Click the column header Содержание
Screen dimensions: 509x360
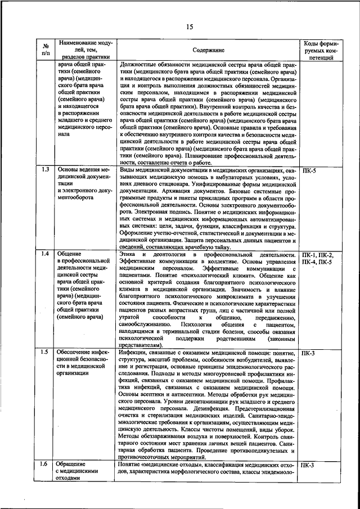click(x=208, y=50)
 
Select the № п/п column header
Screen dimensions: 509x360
click(x=46, y=50)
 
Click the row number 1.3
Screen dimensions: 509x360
click(x=46, y=169)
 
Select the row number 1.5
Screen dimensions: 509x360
click(x=46, y=353)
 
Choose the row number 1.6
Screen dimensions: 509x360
click(x=46, y=465)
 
